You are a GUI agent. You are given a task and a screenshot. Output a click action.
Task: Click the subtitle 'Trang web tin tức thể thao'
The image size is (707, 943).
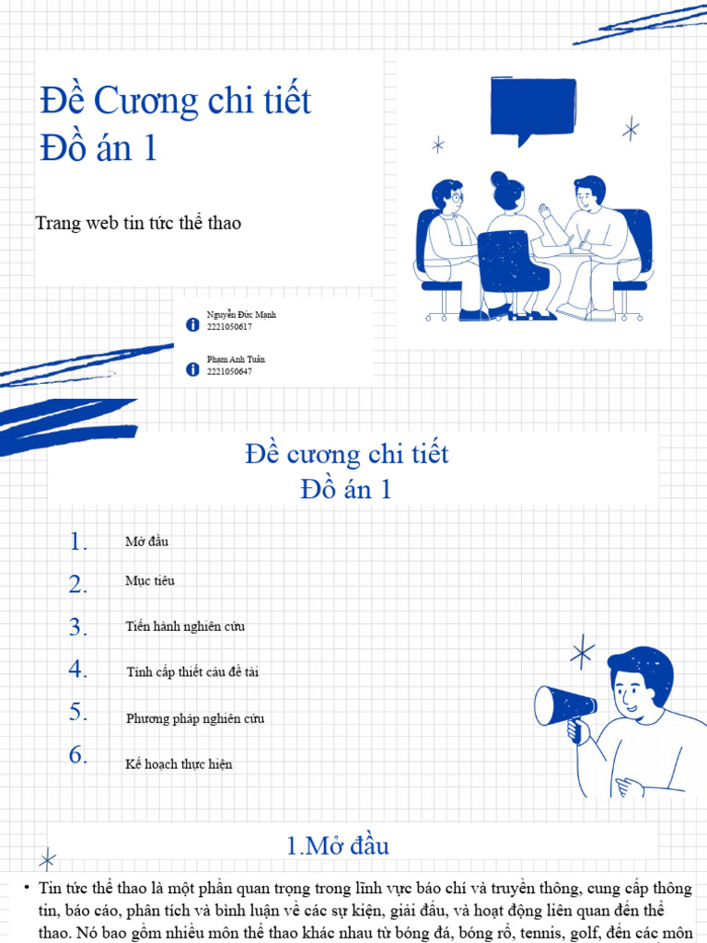pos(138,223)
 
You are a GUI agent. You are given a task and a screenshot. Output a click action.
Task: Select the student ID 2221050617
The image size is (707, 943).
pos(230,327)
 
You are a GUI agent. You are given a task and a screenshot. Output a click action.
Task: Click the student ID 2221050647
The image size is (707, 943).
pos(230,371)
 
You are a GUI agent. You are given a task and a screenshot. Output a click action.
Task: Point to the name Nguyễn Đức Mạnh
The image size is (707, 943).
pos(241,315)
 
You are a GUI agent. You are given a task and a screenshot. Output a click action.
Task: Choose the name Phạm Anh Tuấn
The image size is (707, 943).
pos(236,359)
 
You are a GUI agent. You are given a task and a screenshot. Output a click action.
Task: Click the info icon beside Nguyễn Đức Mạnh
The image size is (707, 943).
pos(192,324)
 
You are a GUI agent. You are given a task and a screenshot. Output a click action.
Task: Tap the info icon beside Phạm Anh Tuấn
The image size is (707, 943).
pos(192,368)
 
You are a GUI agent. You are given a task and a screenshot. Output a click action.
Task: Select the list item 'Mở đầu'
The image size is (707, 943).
pos(146,541)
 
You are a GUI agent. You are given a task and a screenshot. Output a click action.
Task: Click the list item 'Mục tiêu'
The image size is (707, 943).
pos(149,581)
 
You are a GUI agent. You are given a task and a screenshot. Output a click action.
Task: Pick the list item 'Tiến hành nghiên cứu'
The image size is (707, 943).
pos(185,627)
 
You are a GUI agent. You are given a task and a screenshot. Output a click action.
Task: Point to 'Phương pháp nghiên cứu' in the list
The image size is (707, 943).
pos(195,718)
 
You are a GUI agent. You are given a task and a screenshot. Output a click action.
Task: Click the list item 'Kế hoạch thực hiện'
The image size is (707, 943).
pos(179,764)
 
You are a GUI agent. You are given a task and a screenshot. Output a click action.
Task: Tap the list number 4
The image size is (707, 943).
pos(77,669)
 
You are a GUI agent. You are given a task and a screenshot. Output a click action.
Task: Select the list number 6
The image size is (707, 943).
pos(77,755)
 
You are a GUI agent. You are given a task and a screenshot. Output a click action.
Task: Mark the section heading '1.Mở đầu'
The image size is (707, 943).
pos(339,845)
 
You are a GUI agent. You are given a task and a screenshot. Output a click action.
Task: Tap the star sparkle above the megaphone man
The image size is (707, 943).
pos(582,654)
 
